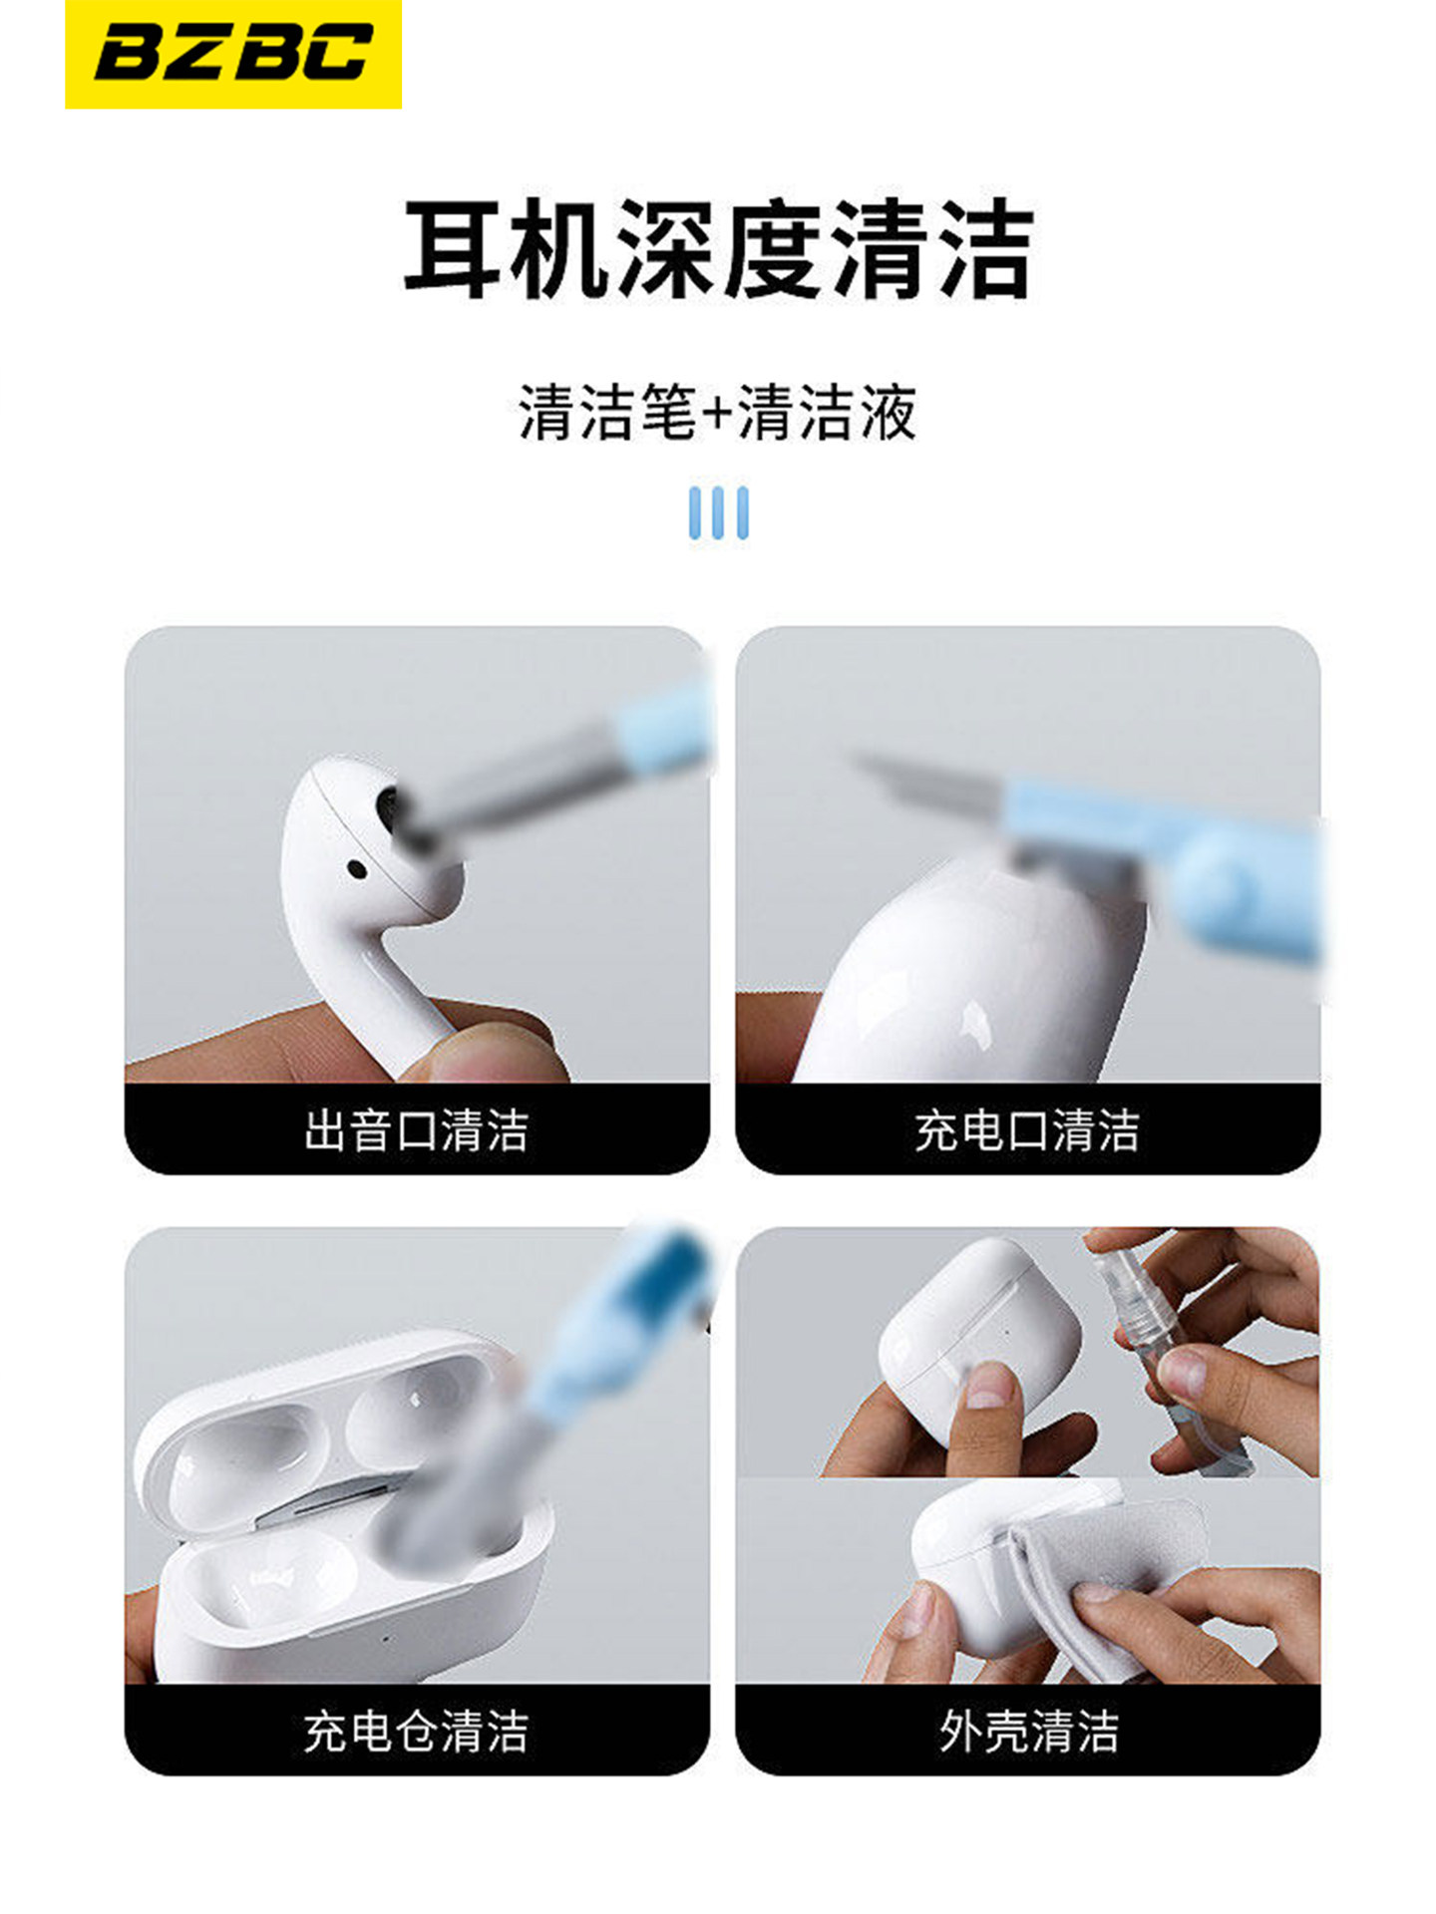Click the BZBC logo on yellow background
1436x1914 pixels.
(x=232, y=54)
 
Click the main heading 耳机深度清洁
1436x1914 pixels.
(x=717, y=249)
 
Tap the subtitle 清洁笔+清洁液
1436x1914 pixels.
(x=717, y=412)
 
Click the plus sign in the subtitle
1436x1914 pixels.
(x=717, y=413)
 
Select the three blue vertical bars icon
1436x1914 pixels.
(x=718, y=512)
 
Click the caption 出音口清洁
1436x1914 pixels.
(x=416, y=1130)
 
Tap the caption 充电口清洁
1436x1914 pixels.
(x=1027, y=1130)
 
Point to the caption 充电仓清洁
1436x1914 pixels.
(x=416, y=1732)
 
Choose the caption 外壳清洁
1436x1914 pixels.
(x=1027, y=1732)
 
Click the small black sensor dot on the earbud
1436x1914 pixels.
(x=356, y=869)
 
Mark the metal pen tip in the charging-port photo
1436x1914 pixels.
(x=897, y=778)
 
